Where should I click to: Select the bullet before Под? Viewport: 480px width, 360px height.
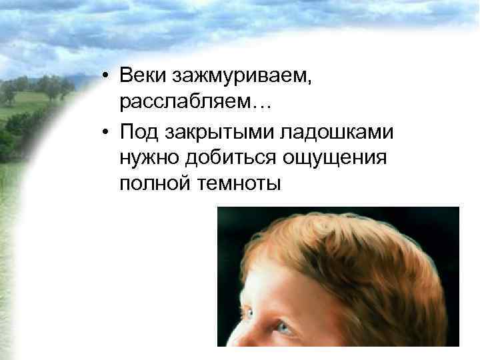[x=107, y=131]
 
